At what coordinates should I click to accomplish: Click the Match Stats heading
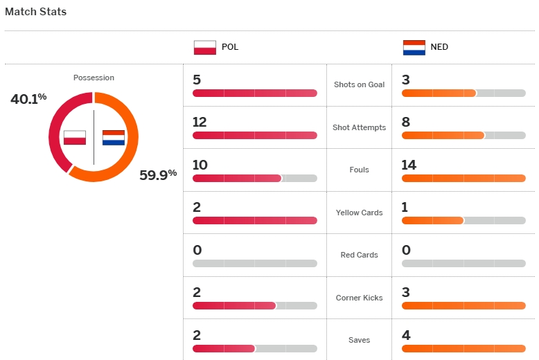(x=36, y=12)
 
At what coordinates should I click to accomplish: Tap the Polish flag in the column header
(x=205, y=48)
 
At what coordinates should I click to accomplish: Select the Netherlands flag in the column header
(x=414, y=48)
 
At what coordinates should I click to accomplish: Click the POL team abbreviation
(x=230, y=48)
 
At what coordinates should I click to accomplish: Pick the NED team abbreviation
(x=439, y=48)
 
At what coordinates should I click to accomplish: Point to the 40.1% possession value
(x=28, y=99)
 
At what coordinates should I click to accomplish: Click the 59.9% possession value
(x=158, y=174)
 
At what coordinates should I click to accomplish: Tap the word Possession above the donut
(x=94, y=78)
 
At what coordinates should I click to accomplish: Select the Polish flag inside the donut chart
(x=74, y=137)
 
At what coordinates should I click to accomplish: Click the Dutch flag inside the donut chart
(x=114, y=137)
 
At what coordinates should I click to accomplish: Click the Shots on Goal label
(x=359, y=84)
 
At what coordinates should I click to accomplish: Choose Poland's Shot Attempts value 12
(x=200, y=122)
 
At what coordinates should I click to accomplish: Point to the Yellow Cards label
(x=359, y=213)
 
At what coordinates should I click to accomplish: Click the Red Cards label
(x=359, y=255)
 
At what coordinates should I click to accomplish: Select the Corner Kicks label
(x=359, y=298)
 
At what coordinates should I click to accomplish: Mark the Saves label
(x=359, y=340)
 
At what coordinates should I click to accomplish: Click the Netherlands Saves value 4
(x=406, y=335)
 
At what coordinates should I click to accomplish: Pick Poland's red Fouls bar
(x=237, y=179)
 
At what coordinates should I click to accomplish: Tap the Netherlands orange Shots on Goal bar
(x=439, y=93)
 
